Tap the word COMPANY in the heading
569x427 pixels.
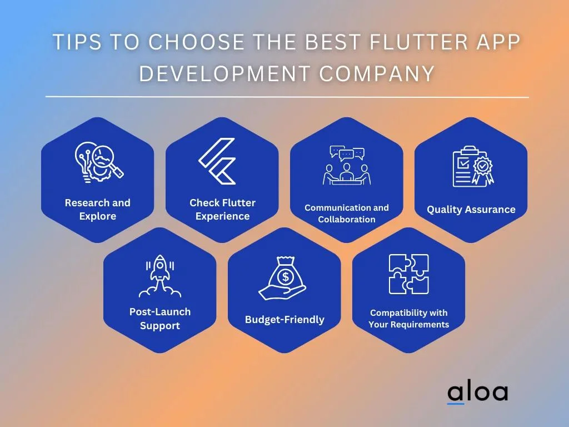click(x=377, y=73)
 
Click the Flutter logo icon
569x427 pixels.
click(x=217, y=161)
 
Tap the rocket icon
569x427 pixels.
click(x=159, y=276)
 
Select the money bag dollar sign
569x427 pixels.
click(x=286, y=277)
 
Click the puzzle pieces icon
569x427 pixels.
click(x=408, y=274)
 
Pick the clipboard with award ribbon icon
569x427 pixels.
click(x=473, y=167)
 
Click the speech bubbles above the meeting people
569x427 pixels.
click(x=347, y=153)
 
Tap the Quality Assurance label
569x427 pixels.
click(x=471, y=210)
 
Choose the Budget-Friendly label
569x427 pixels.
click(x=284, y=320)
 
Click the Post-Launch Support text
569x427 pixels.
click(x=160, y=319)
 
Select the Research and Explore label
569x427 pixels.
click(x=98, y=209)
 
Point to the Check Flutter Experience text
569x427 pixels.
click(x=222, y=209)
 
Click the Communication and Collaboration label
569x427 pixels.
click(x=347, y=213)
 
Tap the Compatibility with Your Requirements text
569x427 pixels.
click(x=408, y=319)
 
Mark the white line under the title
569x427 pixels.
click(x=287, y=97)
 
